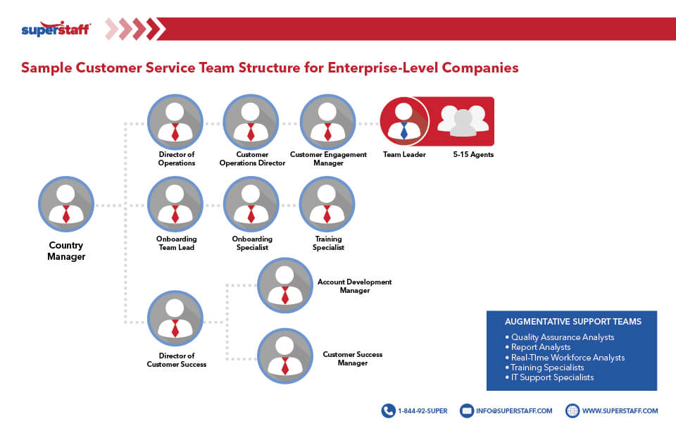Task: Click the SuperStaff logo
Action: coord(56,30)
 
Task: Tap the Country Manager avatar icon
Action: coord(65,204)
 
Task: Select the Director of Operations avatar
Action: coord(175,122)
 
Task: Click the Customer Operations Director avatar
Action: coord(251,122)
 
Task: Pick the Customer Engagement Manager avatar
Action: coord(327,122)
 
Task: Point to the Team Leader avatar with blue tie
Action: coord(404,121)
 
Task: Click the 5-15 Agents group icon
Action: coord(463,120)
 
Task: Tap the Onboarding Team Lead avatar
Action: coord(175,204)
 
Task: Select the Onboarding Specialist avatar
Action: coord(251,204)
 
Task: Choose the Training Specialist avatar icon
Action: coord(327,204)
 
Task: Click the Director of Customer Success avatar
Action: coord(175,318)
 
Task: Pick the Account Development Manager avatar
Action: coord(285,285)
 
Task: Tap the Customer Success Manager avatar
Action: coord(285,356)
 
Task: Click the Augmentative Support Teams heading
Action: coord(572,321)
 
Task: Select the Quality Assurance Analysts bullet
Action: coord(563,337)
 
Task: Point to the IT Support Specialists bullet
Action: coord(552,377)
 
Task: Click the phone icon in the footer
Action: coord(388,410)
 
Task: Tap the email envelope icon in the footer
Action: coord(466,410)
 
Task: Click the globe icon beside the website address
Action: coord(572,410)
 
